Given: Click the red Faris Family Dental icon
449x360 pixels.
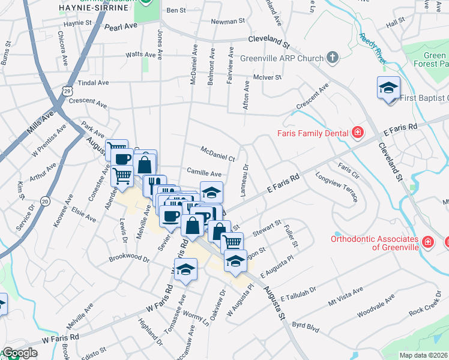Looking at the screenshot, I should click(x=358, y=132).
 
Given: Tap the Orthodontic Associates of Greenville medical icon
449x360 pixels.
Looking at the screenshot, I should click(x=427, y=242).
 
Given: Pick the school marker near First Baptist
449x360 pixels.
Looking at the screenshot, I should click(x=388, y=88).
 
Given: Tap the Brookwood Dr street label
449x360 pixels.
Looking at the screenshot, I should click(x=128, y=258).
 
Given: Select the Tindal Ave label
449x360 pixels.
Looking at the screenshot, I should click(x=93, y=83).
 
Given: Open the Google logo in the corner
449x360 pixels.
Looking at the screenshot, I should click(x=19, y=353).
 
